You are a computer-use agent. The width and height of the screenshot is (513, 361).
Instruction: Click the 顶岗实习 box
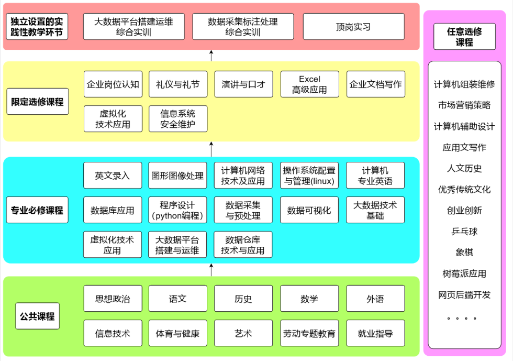[353, 27]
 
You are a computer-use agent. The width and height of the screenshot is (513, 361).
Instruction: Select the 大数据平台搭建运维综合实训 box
[133, 27]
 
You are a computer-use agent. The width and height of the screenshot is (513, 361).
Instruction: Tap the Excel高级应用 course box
[309, 84]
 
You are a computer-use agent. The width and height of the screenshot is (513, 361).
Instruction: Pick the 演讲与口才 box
[243, 84]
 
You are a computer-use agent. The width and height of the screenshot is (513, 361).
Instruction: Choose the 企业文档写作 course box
[375, 84]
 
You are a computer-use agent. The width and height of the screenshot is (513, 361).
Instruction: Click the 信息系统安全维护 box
[178, 119]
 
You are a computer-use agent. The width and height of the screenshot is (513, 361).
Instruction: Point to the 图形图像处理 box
[177, 176]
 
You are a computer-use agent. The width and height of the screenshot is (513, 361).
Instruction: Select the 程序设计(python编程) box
[177, 210]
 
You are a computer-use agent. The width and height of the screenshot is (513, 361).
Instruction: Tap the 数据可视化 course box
[309, 210]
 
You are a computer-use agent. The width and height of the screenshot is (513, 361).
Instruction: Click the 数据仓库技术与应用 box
[243, 245]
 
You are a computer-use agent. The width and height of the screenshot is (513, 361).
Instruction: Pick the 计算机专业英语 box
[375, 176]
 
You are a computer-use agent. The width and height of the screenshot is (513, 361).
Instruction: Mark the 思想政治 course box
[113, 299]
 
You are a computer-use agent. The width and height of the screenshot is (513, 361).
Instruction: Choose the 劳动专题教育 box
[309, 333]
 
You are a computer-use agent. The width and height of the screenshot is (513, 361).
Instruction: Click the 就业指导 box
[375, 333]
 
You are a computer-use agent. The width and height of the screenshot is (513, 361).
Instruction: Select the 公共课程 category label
[37, 316]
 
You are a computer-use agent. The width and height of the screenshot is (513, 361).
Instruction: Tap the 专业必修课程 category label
[37, 210]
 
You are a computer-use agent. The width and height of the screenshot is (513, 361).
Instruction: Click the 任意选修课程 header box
[464, 37]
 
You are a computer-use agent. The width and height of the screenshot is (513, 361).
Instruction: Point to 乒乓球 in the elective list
[464, 231]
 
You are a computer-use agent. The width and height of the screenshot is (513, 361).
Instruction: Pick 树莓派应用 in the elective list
[464, 274]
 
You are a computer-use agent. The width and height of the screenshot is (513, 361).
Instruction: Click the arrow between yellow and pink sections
[211, 56]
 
